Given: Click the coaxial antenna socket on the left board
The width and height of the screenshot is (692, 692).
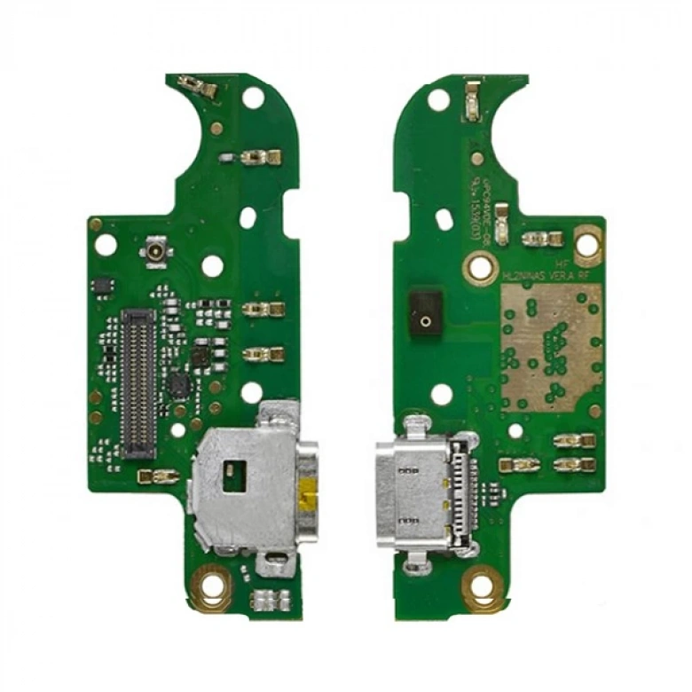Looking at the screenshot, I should pyautogui.click(x=156, y=253).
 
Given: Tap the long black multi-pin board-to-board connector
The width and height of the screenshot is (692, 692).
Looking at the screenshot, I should pyautogui.click(x=138, y=383).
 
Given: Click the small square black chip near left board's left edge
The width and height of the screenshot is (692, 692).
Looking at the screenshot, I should pyautogui.click(x=102, y=285).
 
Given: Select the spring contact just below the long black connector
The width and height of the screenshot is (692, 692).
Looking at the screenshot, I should pyautogui.click(x=158, y=476).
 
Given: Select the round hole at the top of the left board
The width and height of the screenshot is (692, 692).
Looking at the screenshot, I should pyautogui.click(x=253, y=98).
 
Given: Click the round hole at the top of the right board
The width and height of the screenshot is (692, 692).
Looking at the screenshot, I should pyautogui.click(x=438, y=99).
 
